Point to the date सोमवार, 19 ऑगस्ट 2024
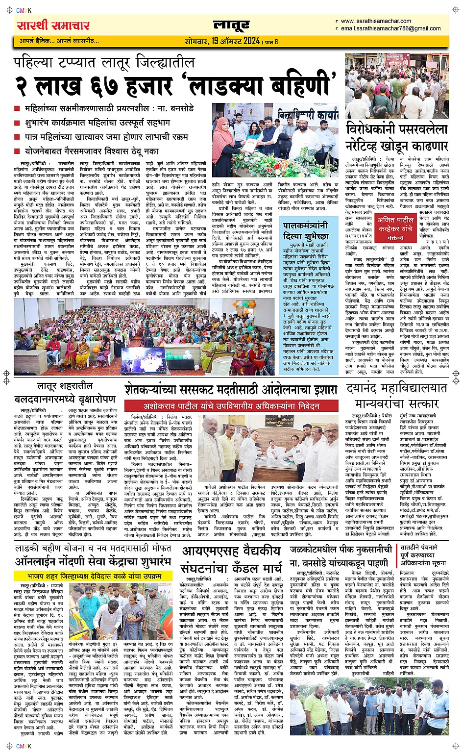[x=222, y=41]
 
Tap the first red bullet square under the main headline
[x=17, y=108]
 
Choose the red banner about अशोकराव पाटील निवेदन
[x=231, y=406]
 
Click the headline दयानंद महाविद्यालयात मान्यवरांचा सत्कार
[x=396, y=395]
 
